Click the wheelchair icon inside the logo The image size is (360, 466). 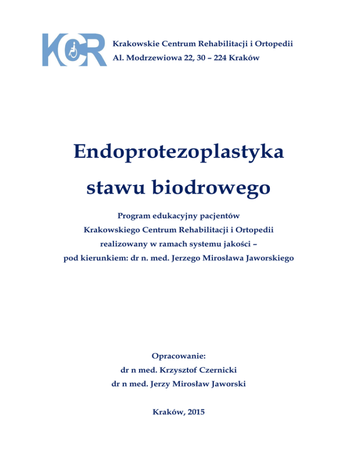tap(73, 50)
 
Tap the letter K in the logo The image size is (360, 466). tap(52, 50)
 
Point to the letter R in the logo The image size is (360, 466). tap(96, 50)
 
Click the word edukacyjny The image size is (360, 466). tap(177, 217)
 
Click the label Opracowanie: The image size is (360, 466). tap(180, 356)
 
